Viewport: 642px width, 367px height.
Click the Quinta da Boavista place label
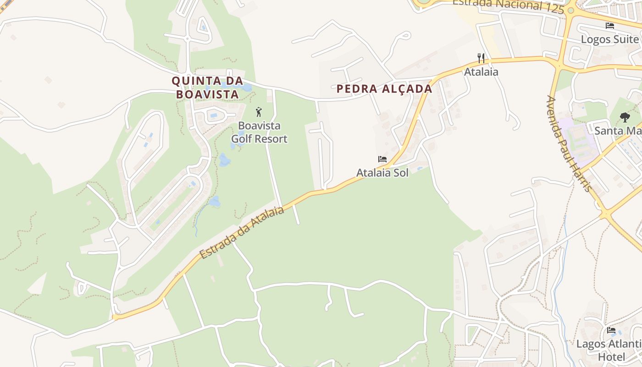click(207, 88)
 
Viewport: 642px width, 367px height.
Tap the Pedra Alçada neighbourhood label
click(384, 89)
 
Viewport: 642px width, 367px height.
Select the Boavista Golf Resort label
click(259, 132)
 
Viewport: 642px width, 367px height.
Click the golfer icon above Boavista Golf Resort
click(259, 112)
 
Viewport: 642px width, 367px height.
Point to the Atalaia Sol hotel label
click(382, 173)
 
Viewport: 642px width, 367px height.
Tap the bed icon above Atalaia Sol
click(382, 159)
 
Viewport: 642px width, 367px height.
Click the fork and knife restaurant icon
click(481, 58)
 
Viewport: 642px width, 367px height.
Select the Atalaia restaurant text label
click(481, 72)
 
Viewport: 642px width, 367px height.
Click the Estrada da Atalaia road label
click(242, 232)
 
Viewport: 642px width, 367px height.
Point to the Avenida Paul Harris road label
click(570, 144)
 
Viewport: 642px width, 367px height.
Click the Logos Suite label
click(610, 39)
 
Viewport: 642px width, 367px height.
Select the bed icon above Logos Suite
click(610, 26)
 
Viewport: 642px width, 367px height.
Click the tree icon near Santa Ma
click(625, 117)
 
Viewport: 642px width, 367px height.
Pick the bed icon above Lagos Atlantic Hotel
click(611, 330)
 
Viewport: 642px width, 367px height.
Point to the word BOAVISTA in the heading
click(207, 95)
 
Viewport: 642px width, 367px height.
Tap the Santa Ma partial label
click(618, 131)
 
